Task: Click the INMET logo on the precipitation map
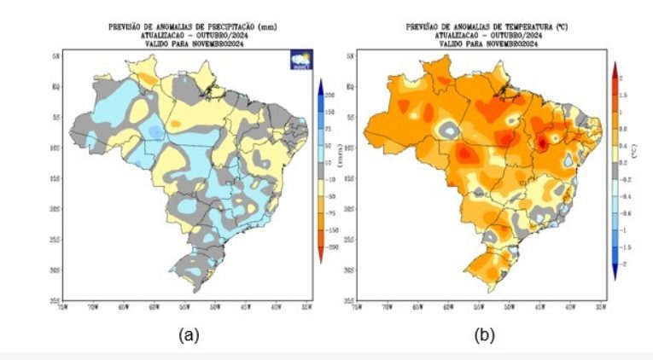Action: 301,61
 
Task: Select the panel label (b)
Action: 484,335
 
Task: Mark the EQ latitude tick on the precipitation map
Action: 55,86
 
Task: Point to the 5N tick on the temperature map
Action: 350,55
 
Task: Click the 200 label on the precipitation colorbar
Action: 329,96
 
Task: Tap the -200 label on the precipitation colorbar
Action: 329,246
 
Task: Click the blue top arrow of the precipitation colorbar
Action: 318,86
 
